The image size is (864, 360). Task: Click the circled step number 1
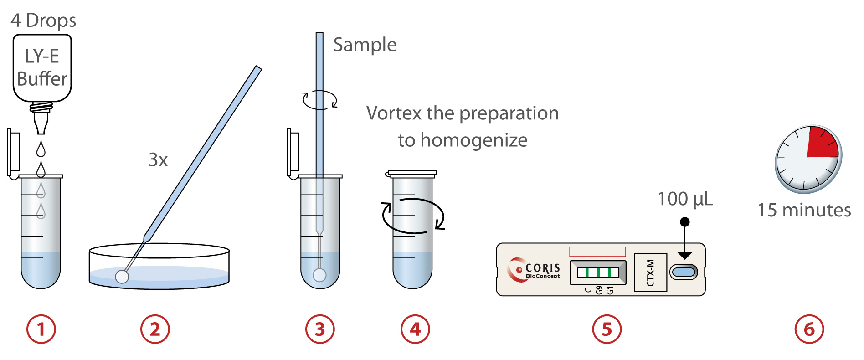coord(41,329)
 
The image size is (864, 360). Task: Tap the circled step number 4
coord(415,329)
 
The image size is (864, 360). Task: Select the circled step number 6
coord(809,329)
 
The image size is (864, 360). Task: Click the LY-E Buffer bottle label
coord(42,67)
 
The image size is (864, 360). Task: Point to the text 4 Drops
coord(43,21)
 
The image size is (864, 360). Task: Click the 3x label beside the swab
coord(158,160)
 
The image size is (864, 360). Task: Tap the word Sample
coord(365,45)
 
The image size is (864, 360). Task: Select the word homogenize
coord(474,140)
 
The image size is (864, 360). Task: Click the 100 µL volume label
coord(685,199)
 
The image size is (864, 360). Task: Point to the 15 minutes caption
coord(804,210)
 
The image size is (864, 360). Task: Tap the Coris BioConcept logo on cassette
coord(533,270)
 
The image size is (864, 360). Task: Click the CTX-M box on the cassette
coord(650,273)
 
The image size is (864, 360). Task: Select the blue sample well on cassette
coord(684,273)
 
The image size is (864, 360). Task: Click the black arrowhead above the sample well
coord(684,255)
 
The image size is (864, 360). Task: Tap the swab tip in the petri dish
coord(122,276)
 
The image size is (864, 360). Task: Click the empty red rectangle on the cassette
coord(597,252)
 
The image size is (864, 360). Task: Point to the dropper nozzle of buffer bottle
coord(41,123)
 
